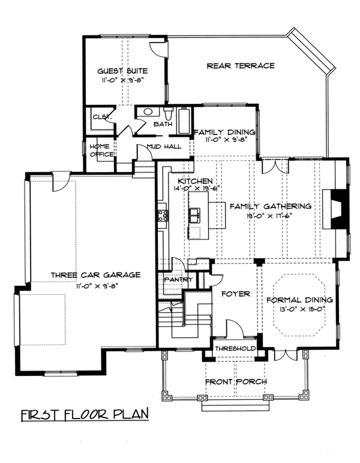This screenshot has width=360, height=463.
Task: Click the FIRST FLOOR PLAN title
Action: pyautogui.click(x=85, y=414)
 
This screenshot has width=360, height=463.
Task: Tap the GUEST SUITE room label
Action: pyautogui.click(x=122, y=71)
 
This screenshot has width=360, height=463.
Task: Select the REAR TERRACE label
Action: pyautogui.click(x=241, y=65)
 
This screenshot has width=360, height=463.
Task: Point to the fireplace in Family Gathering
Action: pyautogui.click(x=337, y=209)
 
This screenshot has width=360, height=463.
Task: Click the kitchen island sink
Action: pyautogui.click(x=195, y=215)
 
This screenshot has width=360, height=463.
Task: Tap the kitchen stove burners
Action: pyautogui.click(x=163, y=215)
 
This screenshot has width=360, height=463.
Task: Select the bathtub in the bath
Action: pyautogui.click(x=184, y=121)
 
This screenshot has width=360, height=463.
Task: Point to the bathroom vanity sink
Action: pyautogui.click(x=148, y=112)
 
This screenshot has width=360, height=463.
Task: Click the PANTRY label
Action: pyautogui.click(x=179, y=279)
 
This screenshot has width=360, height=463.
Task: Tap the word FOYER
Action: pyautogui.click(x=236, y=294)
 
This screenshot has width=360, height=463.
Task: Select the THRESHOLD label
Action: pyautogui.click(x=235, y=348)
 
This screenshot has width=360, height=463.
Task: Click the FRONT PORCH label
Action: pyautogui.click(x=236, y=382)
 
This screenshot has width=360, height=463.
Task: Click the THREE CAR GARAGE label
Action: pyautogui.click(x=95, y=275)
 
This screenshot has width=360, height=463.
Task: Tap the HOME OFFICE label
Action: pyautogui.click(x=102, y=150)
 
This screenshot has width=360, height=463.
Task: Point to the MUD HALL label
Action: pyautogui.click(x=164, y=147)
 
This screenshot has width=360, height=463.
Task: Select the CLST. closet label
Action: pyautogui.click(x=102, y=117)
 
